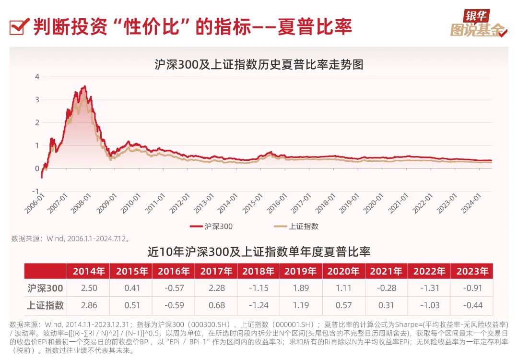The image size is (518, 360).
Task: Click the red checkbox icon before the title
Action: pyautogui.click(x=18, y=26)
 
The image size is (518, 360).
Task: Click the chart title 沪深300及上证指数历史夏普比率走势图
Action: pyautogui.click(x=259, y=65)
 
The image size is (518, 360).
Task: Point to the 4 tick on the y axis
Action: pyautogui.click(x=37, y=77)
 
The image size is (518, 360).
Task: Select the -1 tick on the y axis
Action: pyautogui.click(x=36, y=191)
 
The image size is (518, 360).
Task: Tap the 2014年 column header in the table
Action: pyautogui.click(x=89, y=271)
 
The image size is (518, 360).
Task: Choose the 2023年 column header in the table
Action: pyautogui.click(x=472, y=271)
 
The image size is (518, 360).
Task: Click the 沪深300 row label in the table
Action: pyautogui.click(x=46, y=288)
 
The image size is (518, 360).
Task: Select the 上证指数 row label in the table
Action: pyautogui.click(x=46, y=305)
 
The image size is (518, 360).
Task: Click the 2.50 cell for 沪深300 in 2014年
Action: pyautogui.click(x=89, y=288)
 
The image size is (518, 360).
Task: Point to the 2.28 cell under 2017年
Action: pyautogui.click(x=216, y=288)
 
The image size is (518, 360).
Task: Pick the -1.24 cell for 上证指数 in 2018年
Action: pyautogui.click(x=259, y=305)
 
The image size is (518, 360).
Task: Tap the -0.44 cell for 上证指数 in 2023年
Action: pyautogui.click(x=472, y=305)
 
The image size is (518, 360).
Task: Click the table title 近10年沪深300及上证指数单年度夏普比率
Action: pyautogui.click(x=259, y=252)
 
